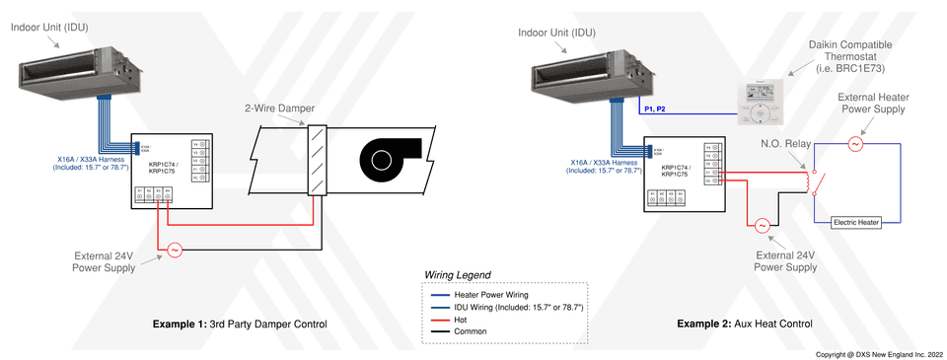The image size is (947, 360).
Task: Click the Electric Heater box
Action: [855, 223]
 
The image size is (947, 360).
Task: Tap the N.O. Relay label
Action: [786, 143]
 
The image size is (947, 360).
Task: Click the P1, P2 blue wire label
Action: [655, 108]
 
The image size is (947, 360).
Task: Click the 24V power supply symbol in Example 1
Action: [174, 251]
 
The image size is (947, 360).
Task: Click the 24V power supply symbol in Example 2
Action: [763, 226]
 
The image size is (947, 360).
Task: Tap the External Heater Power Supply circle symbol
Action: [855, 144]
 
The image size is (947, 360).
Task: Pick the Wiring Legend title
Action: [457, 274]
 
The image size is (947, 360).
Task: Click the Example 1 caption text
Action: [239, 324]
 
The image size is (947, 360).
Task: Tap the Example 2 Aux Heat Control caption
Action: [745, 324]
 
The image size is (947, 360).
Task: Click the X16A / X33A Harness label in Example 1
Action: [91, 163]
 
